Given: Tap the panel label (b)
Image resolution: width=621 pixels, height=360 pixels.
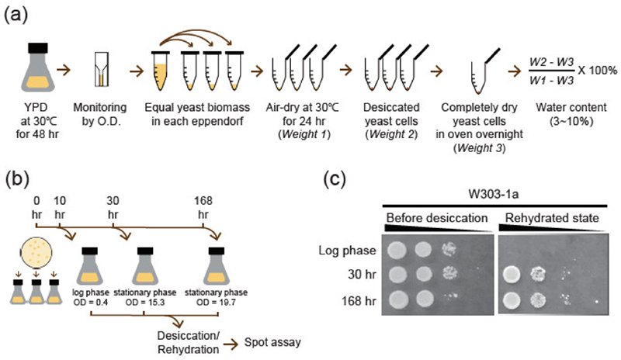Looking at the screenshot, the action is click(x=17, y=179).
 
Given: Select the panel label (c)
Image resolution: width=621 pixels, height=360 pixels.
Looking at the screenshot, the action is click(x=335, y=179).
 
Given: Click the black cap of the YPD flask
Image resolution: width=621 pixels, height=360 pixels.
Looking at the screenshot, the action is click(x=38, y=48).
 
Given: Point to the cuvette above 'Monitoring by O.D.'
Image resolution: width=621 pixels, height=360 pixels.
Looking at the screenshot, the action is click(x=102, y=69).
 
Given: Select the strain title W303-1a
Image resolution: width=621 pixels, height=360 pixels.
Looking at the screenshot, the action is click(x=494, y=195).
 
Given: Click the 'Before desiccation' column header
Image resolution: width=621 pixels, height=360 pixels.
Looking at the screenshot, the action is click(x=437, y=218).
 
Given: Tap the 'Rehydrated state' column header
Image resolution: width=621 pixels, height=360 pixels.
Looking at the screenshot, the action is click(x=552, y=218).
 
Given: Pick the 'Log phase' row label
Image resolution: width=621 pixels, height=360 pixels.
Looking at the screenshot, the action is click(x=347, y=251).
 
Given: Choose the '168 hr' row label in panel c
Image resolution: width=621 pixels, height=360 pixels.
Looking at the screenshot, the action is click(x=359, y=301).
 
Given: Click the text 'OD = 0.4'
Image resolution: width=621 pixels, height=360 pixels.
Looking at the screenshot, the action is click(x=91, y=303).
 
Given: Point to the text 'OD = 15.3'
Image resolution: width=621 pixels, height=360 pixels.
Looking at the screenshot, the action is click(x=145, y=303).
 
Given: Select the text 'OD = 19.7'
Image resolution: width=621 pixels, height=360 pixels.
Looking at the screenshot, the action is click(x=217, y=303).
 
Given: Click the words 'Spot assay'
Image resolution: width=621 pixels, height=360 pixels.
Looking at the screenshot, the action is click(x=272, y=342).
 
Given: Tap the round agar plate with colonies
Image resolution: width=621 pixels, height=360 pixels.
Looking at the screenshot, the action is click(x=36, y=253).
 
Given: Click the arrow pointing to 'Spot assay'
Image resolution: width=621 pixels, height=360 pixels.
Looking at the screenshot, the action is click(x=231, y=344).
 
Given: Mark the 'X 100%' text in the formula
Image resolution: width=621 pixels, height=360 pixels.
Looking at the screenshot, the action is click(x=597, y=71).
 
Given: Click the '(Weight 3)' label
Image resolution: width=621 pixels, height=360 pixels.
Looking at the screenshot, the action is click(x=479, y=148).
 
